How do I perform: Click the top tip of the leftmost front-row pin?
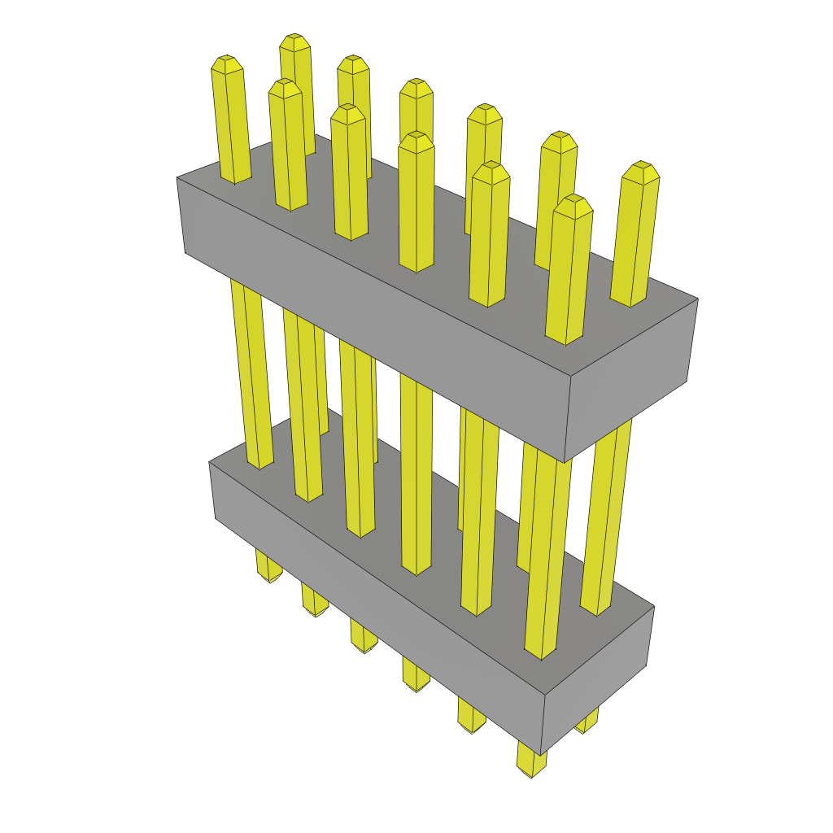pyautogui.click(x=227, y=62)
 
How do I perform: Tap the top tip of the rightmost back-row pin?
pyautogui.click(x=640, y=168)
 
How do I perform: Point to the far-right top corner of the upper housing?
pyautogui.click(x=697, y=299)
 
